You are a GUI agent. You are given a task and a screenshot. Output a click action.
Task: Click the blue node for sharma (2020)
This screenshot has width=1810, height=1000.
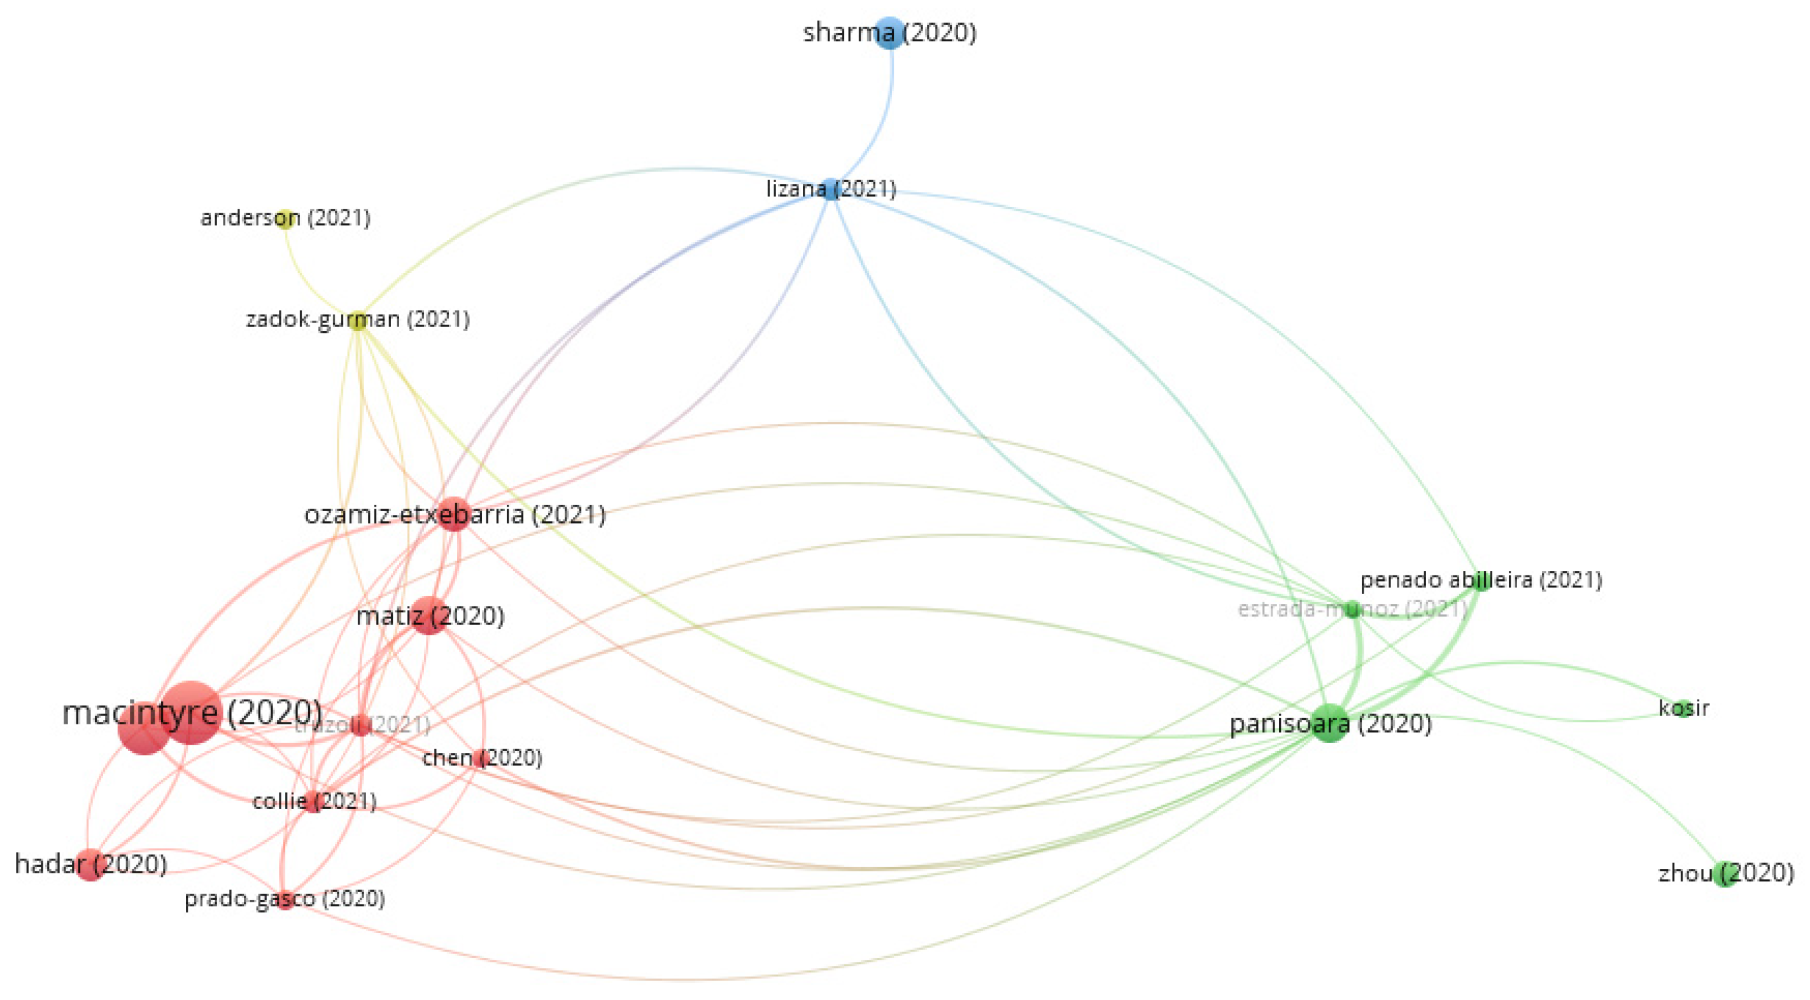pos(889,32)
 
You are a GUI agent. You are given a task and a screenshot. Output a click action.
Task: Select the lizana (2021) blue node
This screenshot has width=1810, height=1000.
pos(831,189)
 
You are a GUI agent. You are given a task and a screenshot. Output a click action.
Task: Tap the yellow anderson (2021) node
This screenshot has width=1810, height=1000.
pos(285,218)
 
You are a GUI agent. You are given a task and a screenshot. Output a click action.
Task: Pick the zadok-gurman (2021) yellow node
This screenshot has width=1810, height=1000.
pos(358,320)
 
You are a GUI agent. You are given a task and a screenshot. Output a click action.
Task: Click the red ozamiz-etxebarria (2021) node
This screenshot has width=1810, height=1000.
pos(454,515)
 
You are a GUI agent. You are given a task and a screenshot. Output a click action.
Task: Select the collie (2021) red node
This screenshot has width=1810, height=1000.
pos(313,802)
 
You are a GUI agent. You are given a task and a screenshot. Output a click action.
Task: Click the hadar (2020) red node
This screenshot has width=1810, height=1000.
pos(90,864)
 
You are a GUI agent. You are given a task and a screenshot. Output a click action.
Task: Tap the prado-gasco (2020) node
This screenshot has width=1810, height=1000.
pos(284,900)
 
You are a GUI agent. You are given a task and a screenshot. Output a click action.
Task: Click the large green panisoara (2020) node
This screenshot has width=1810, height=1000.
pos(1329,723)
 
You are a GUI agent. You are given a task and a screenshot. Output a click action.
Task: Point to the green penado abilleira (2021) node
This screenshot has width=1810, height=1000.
pos(1481,581)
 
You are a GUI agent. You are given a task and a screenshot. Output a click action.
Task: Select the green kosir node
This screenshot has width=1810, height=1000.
pos(1683,708)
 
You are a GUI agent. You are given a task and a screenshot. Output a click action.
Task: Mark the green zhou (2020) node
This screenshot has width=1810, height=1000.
pos(1724,873)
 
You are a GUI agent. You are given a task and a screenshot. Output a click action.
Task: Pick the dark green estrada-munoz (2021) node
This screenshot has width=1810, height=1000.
pos(1352,609)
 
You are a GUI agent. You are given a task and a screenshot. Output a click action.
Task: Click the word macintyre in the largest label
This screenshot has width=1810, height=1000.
pos(141,714)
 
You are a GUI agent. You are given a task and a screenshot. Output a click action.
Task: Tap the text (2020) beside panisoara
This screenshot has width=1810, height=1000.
pos(1394,723)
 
